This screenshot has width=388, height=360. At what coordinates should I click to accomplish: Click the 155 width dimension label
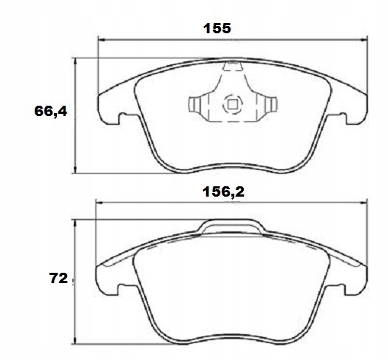tap(217, 29)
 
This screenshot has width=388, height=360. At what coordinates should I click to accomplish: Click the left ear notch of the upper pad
tap(113, 116)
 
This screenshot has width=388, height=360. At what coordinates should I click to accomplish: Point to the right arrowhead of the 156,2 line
tap(363, 205)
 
